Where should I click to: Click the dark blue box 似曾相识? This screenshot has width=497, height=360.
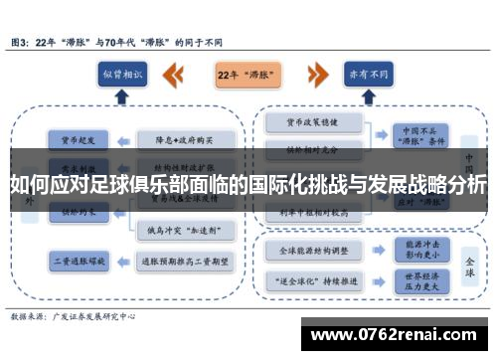(x=122, y=75)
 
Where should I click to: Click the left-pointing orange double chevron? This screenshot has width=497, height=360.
(x=174, y=75)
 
